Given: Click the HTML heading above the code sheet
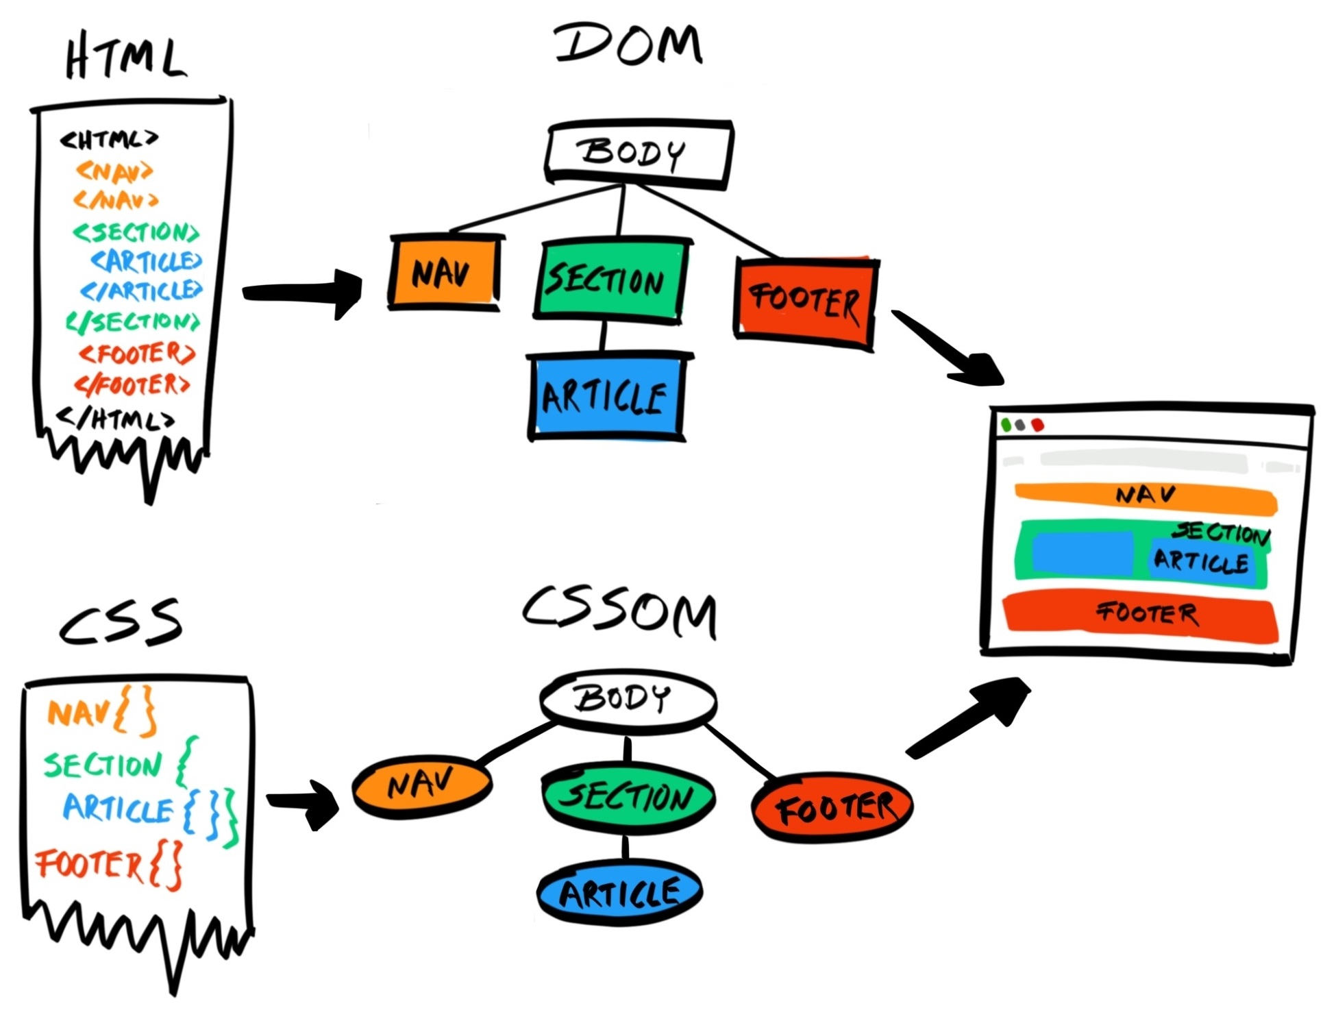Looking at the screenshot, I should point(125,58).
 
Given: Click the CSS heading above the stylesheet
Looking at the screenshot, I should point(121,622).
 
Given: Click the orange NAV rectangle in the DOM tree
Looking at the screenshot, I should point(444,272).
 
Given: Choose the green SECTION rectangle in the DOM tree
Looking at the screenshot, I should point(609,280).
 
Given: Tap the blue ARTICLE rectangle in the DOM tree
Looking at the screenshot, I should point(606,396).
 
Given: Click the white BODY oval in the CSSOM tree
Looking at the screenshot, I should point(627,699).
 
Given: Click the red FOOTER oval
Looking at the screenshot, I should point(832,807).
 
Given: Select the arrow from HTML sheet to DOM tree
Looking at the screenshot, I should point(301,293).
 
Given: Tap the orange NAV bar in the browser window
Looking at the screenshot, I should point(1146,497).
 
